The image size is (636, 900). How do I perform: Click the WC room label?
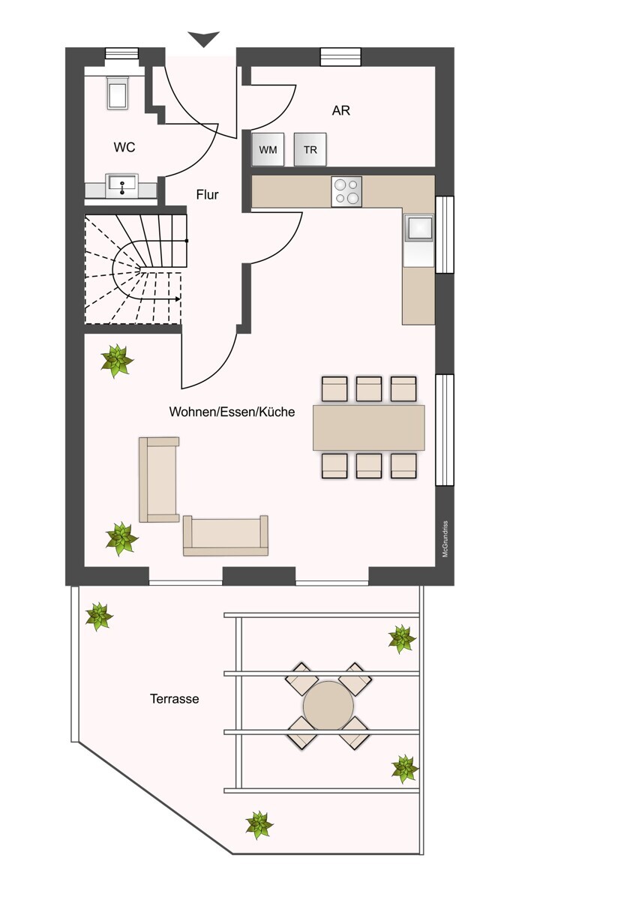(124, 148)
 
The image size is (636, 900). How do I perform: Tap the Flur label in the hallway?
(207, 195)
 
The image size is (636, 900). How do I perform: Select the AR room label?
(340, 110)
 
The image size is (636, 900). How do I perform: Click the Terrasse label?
(174, 699)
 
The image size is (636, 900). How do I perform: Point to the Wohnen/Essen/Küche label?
(232, 412)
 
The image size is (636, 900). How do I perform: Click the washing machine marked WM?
(268, 149)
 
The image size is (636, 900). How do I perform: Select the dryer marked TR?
(310, 149)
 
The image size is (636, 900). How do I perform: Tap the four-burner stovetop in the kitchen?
(346, 192)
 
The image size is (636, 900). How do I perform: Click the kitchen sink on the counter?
(418, 228)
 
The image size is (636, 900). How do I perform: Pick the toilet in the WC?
(118, 92)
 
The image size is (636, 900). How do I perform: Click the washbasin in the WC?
(121, 186)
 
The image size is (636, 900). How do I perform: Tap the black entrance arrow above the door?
(204, 39)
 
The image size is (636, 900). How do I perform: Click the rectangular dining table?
(369, 427)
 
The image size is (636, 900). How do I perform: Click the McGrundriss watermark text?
(445, 538)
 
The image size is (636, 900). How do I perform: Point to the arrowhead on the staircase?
(177, 299)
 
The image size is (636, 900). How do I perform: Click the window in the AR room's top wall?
(340, 57)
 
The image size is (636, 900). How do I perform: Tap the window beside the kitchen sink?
(445, 235)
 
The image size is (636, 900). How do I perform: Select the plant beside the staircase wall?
(117, 361)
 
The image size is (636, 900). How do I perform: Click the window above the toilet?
(121, 53)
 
